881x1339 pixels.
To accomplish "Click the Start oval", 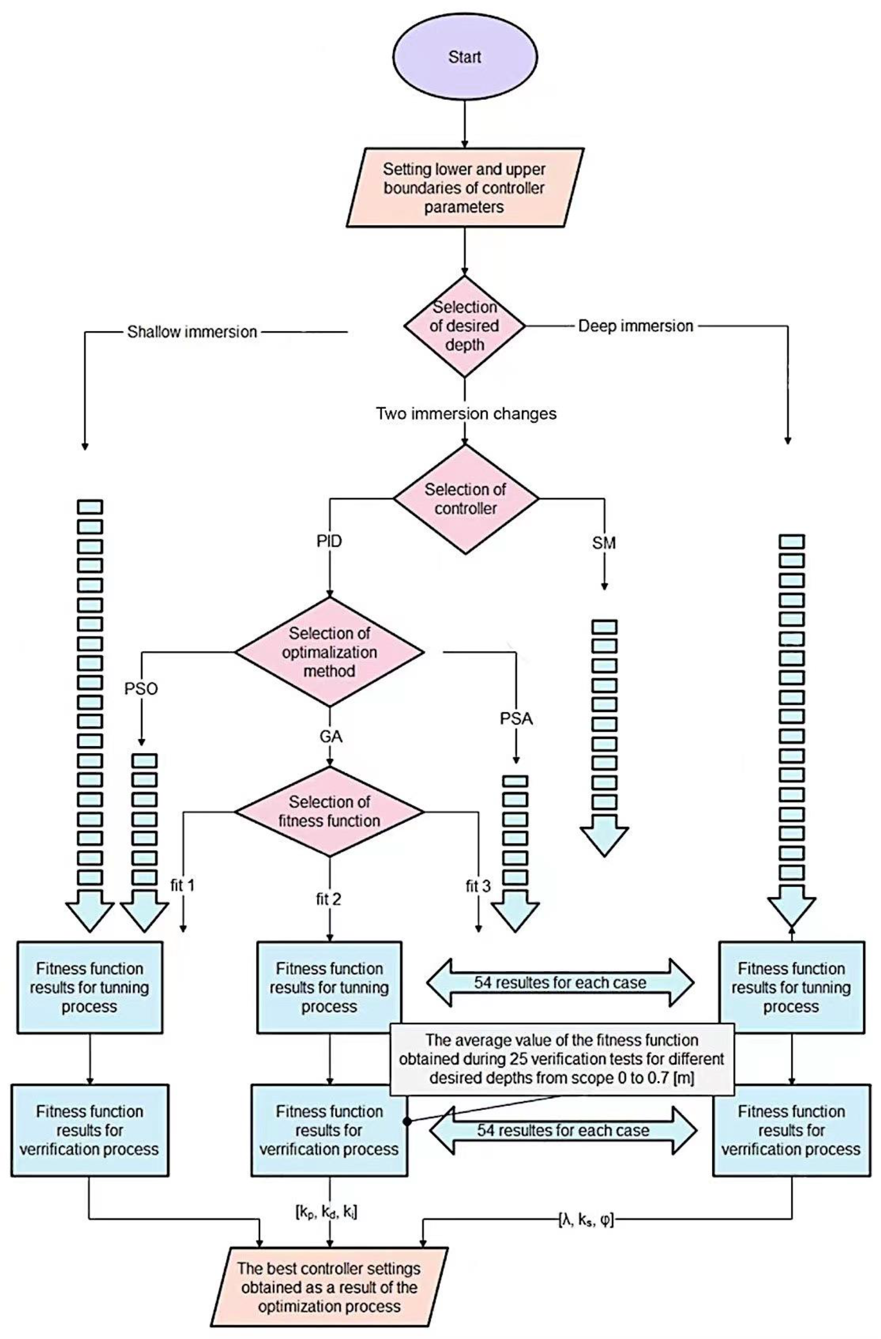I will click(x=465, y=57).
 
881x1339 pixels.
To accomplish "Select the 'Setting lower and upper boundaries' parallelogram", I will click(x=465, y=188).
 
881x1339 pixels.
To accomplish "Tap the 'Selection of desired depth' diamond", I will click(x=465, y=326).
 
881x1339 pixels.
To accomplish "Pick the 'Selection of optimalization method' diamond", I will click(x=330, y=652).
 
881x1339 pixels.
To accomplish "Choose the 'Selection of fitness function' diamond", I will click(x=330, y=811).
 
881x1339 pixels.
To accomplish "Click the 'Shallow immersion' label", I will click(x=192, y=332).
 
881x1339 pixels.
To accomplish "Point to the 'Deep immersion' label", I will click(x=636, y=326).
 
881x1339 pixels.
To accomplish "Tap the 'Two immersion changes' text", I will click(x=466, y=414).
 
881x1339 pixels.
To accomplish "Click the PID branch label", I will click(x=329, y=542).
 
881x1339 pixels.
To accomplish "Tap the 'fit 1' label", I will click(x=183, y=886).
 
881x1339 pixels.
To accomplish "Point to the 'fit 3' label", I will click(x=478, y=887).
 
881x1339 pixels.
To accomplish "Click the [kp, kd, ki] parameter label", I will click(x=326, y=1213).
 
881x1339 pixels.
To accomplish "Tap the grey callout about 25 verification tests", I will click(x=561, y=1059).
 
